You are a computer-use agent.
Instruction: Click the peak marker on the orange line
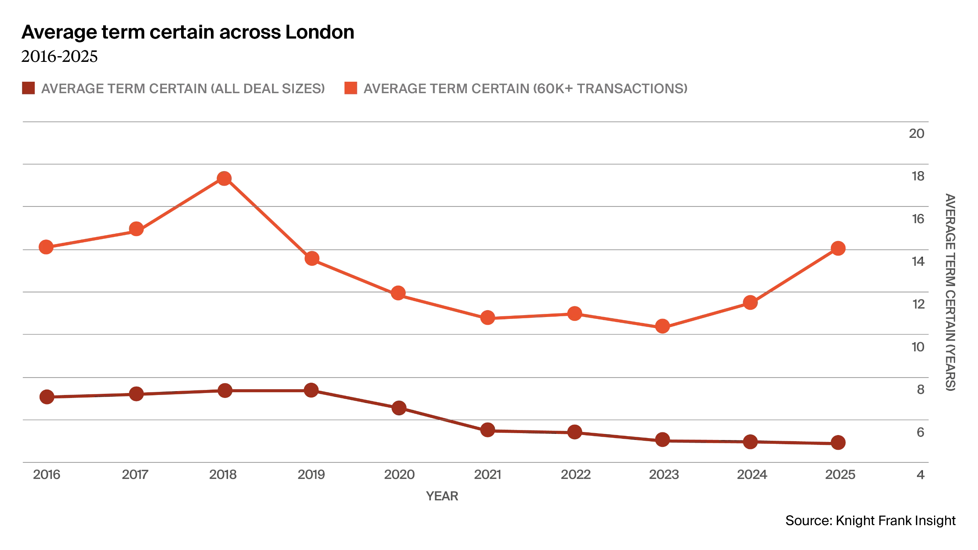(x=224, y=178)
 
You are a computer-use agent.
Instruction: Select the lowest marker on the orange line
(x=662, y=327)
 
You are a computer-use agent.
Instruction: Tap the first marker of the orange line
(x=46, y=247)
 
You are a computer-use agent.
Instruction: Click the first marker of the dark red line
(x=47, y=397)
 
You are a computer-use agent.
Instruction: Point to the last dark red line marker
(x=839, y=443)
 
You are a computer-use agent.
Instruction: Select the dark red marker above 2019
(x=312, y=391)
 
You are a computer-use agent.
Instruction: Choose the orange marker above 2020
(x=398, y=293)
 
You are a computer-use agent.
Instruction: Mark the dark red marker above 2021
(x=487, y=430)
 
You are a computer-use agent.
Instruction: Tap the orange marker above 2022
(x=575, y=314)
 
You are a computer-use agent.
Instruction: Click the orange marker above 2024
(x=750, y=303)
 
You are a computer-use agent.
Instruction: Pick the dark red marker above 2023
(x=662, y=440)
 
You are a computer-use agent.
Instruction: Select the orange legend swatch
(x=351, y=88)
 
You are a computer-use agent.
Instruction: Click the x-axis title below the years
(x=442, y=496)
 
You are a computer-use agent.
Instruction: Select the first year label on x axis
(x=46, y=474)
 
